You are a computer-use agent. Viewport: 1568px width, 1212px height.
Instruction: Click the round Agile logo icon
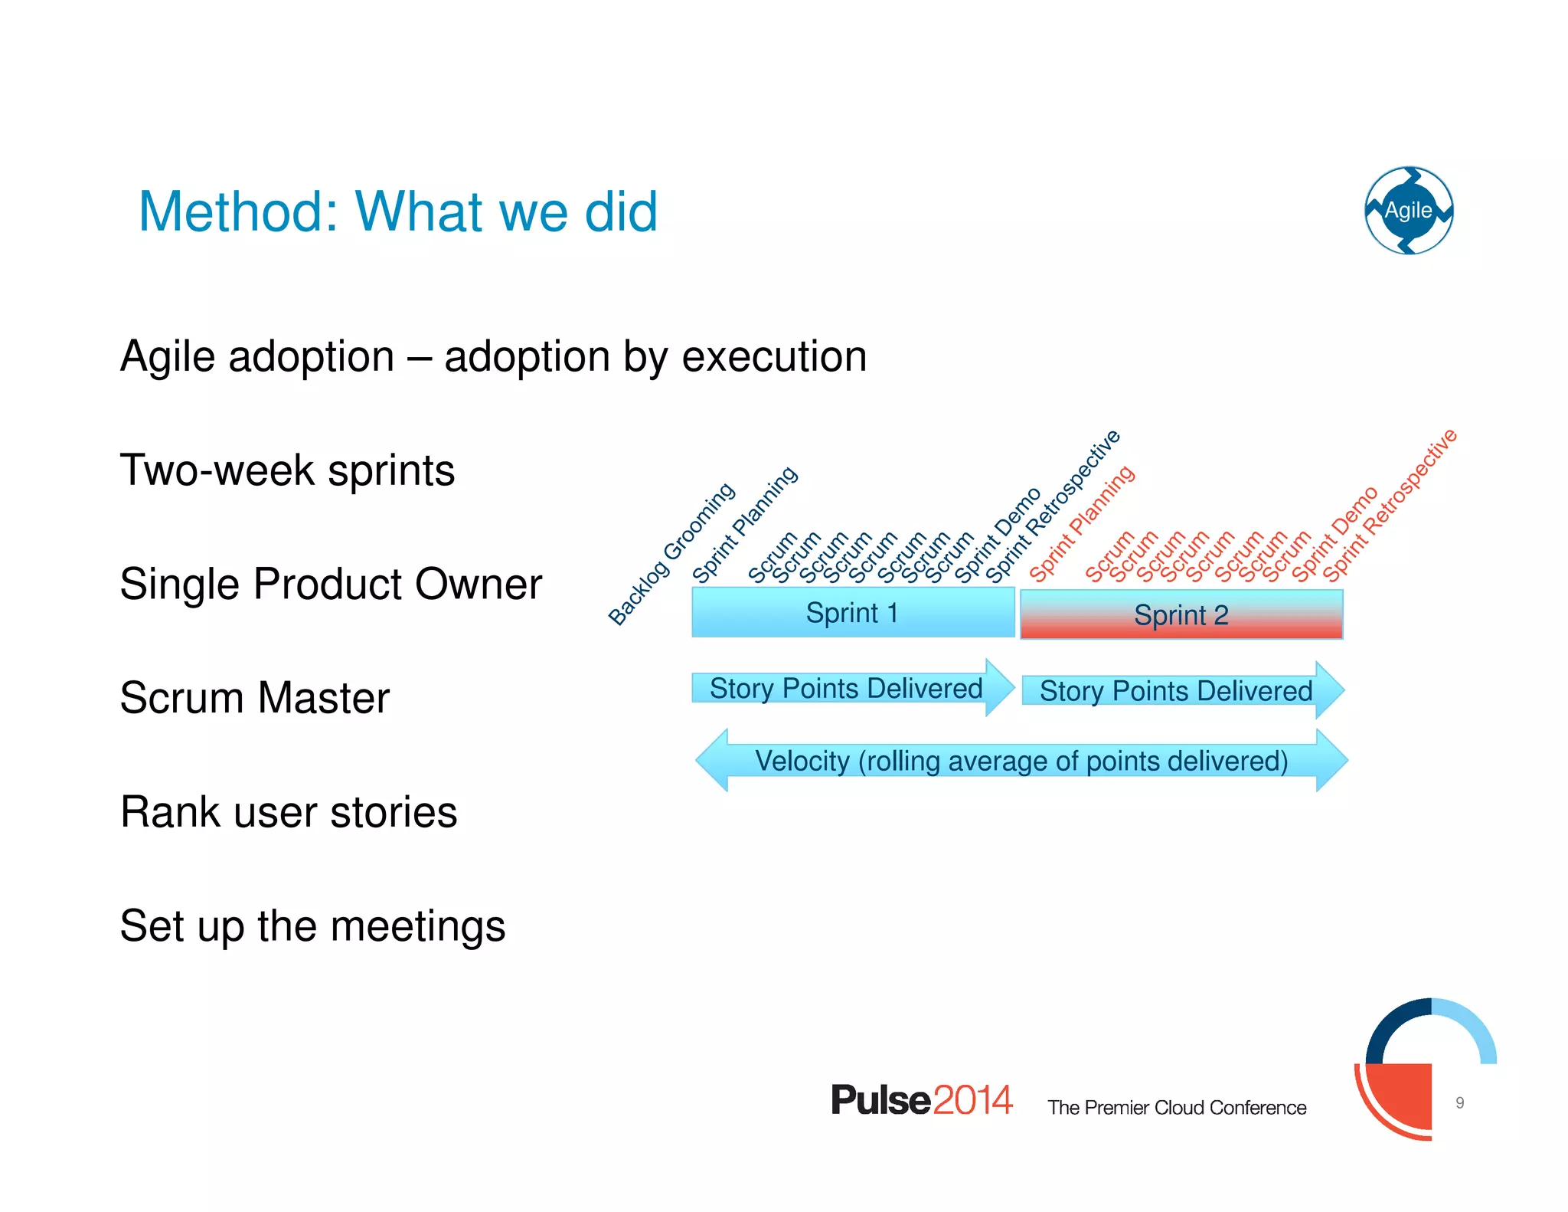tap(1409, 210)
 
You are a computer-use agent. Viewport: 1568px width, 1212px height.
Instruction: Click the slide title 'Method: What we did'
tap(397, 211)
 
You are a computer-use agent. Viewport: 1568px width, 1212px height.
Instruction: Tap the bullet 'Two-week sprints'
tap(287, 470)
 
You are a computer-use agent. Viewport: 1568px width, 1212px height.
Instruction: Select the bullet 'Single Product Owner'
tap(331, 584)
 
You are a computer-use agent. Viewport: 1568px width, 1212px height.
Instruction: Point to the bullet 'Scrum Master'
tap(254, 698)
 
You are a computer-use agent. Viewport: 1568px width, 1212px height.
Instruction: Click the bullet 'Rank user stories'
tap(289, 812)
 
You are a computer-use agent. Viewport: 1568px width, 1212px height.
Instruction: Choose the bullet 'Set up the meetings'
tap(312, 925)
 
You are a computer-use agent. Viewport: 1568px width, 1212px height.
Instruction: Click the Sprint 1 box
tap(852, 613)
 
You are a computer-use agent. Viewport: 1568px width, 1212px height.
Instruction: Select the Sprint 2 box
tap(1181, 614)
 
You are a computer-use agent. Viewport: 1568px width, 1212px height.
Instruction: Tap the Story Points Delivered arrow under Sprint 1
tap(846, 688)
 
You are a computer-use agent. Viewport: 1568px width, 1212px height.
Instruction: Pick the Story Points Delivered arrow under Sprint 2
tap(1176, 691)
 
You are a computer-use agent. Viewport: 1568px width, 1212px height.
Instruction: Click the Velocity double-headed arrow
tap(1021, 761)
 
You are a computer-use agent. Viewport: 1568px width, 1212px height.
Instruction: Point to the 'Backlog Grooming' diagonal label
tap(671, 555)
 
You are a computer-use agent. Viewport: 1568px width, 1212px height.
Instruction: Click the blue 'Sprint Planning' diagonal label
tap(745, 524)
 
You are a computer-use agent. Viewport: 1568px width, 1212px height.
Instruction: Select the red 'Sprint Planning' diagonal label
tap(1082, 524)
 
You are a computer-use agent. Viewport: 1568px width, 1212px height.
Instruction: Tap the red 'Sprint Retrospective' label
tap(1390, 506)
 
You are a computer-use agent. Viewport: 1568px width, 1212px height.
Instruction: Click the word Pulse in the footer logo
tap(880, 1100)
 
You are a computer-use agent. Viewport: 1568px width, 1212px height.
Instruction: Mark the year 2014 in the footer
tap(972, 1100)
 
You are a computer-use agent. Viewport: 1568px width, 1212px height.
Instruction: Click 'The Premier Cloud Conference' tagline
tap(1177, 1108)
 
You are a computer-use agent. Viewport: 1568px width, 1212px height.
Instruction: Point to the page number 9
tap(1460, 1102)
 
